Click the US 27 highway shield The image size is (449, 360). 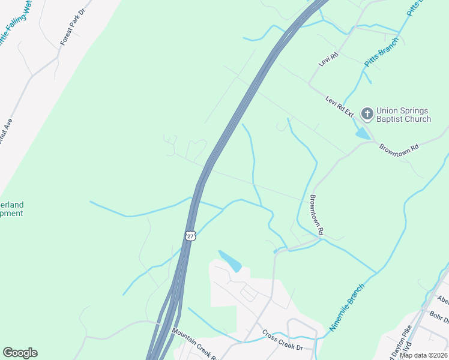(x=190, y=235)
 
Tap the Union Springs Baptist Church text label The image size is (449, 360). (x=403, y=115)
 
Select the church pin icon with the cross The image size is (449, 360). (x=367, y=113)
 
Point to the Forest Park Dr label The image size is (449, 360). (x=73, y=28)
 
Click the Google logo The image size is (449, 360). (x=20, y=353)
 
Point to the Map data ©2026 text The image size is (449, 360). (x=424, y=355)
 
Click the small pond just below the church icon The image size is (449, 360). (x=363, y=134)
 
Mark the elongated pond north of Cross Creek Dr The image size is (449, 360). (x=231, y=261)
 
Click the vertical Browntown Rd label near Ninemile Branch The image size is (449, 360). (x=317, y=214)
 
